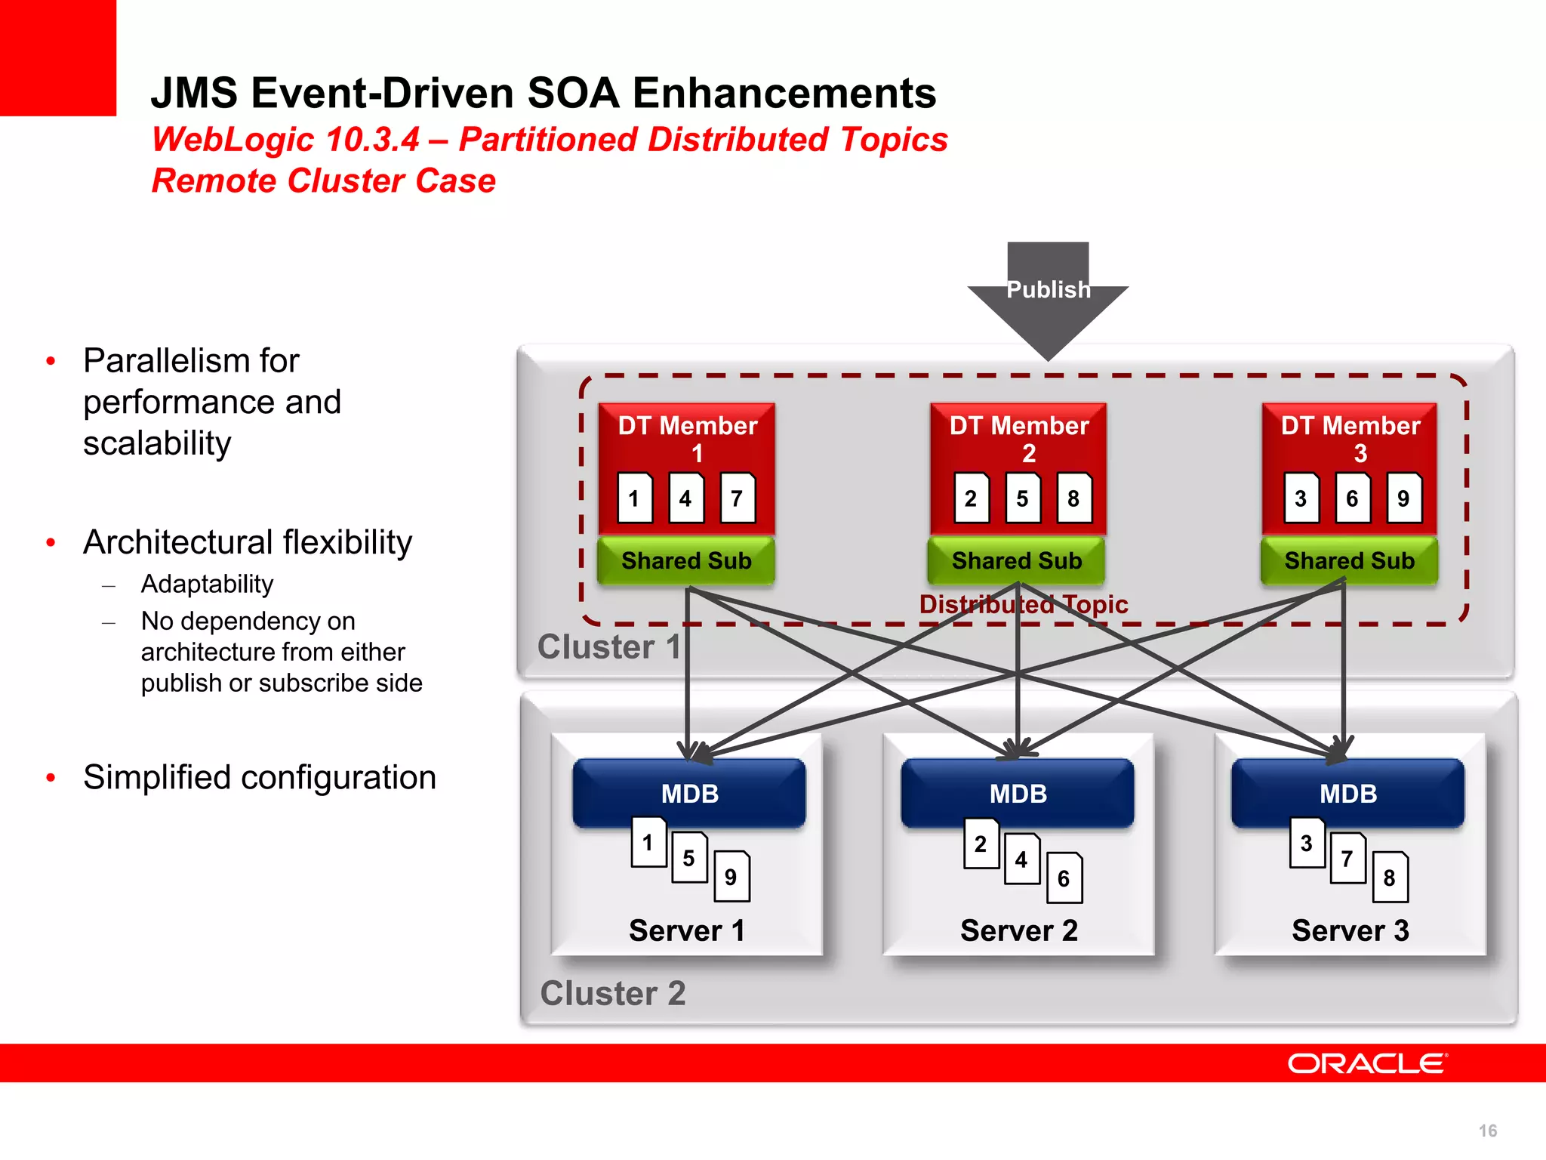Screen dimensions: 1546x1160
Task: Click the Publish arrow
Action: (x=1048, y=298)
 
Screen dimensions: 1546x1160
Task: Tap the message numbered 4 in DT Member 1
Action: (x=686, y=498)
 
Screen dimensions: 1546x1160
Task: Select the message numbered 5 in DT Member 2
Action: (x=1022, y=498)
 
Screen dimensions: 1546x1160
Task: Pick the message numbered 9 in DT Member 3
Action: (x=1404, y=498)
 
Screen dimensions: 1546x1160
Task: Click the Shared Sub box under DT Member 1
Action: (x=686, y=560)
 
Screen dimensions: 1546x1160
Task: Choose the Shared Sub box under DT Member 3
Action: (x=1349, y=560)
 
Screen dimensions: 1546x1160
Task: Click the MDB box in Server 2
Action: (x=1018, y=793)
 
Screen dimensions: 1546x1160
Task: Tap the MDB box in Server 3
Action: (x=1348, y=793)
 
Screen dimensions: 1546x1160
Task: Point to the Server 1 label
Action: (x=687, y=930)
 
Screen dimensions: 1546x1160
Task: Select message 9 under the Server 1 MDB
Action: (x=731, y=877)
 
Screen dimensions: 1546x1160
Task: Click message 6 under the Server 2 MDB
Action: (x=1064, y=878)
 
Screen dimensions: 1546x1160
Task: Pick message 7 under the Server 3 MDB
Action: (x=1347, y=859)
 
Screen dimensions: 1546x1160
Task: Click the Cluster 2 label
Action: (x=613, y=993)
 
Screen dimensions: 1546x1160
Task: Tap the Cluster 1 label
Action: (x=608, y=647)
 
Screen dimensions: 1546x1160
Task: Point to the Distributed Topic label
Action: (x=1024, y=604)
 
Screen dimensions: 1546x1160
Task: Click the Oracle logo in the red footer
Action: (x=1367, y=1063)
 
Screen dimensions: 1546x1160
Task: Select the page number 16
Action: (x=1488, y=1131)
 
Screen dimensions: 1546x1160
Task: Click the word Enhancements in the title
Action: (x=784, y=93)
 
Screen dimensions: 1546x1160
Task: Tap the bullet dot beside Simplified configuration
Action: (x=51, y=778)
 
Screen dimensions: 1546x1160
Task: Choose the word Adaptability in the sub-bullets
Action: (x=207, y=584)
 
